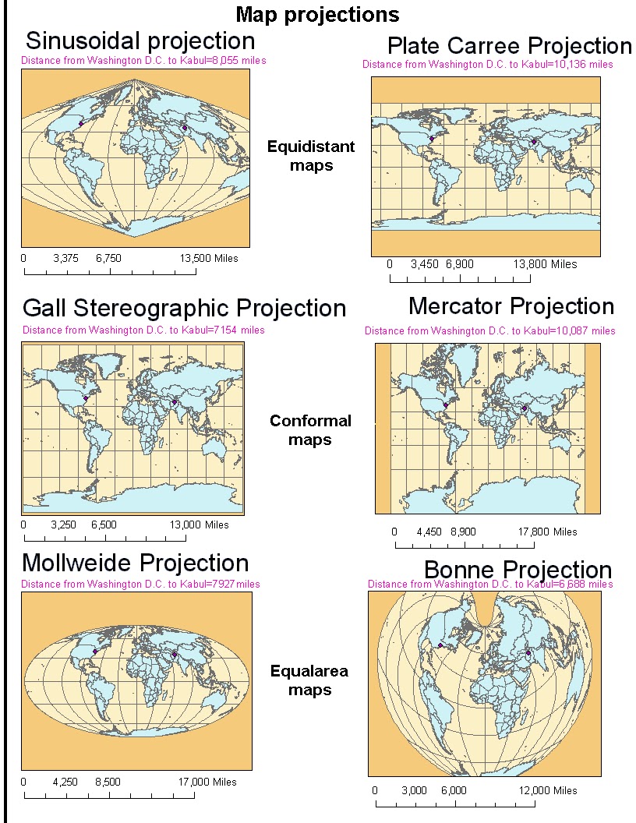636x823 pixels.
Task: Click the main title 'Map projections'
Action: click(x=317, y=14)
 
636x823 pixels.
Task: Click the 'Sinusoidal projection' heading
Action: click(x=140, y=41)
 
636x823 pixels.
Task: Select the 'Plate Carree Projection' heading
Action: click(x=509, y=45)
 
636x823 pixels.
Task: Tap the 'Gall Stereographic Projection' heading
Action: click(x=184, y=308)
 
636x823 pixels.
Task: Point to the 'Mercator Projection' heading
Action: click(x=511, y=306)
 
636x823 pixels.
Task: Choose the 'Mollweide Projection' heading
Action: click(x=136, y=563)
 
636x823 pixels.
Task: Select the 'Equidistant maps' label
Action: click(x=311, y=156)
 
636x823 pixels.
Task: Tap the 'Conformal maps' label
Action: click(x=310, y=430)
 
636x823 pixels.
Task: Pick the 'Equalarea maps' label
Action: click(x=309, y=680)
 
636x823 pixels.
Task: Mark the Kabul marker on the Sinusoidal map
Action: click(x=185, y=127)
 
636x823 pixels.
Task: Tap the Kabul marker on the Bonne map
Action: click(x=528, y=653)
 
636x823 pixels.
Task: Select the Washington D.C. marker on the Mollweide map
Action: click(x=94, y=652)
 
